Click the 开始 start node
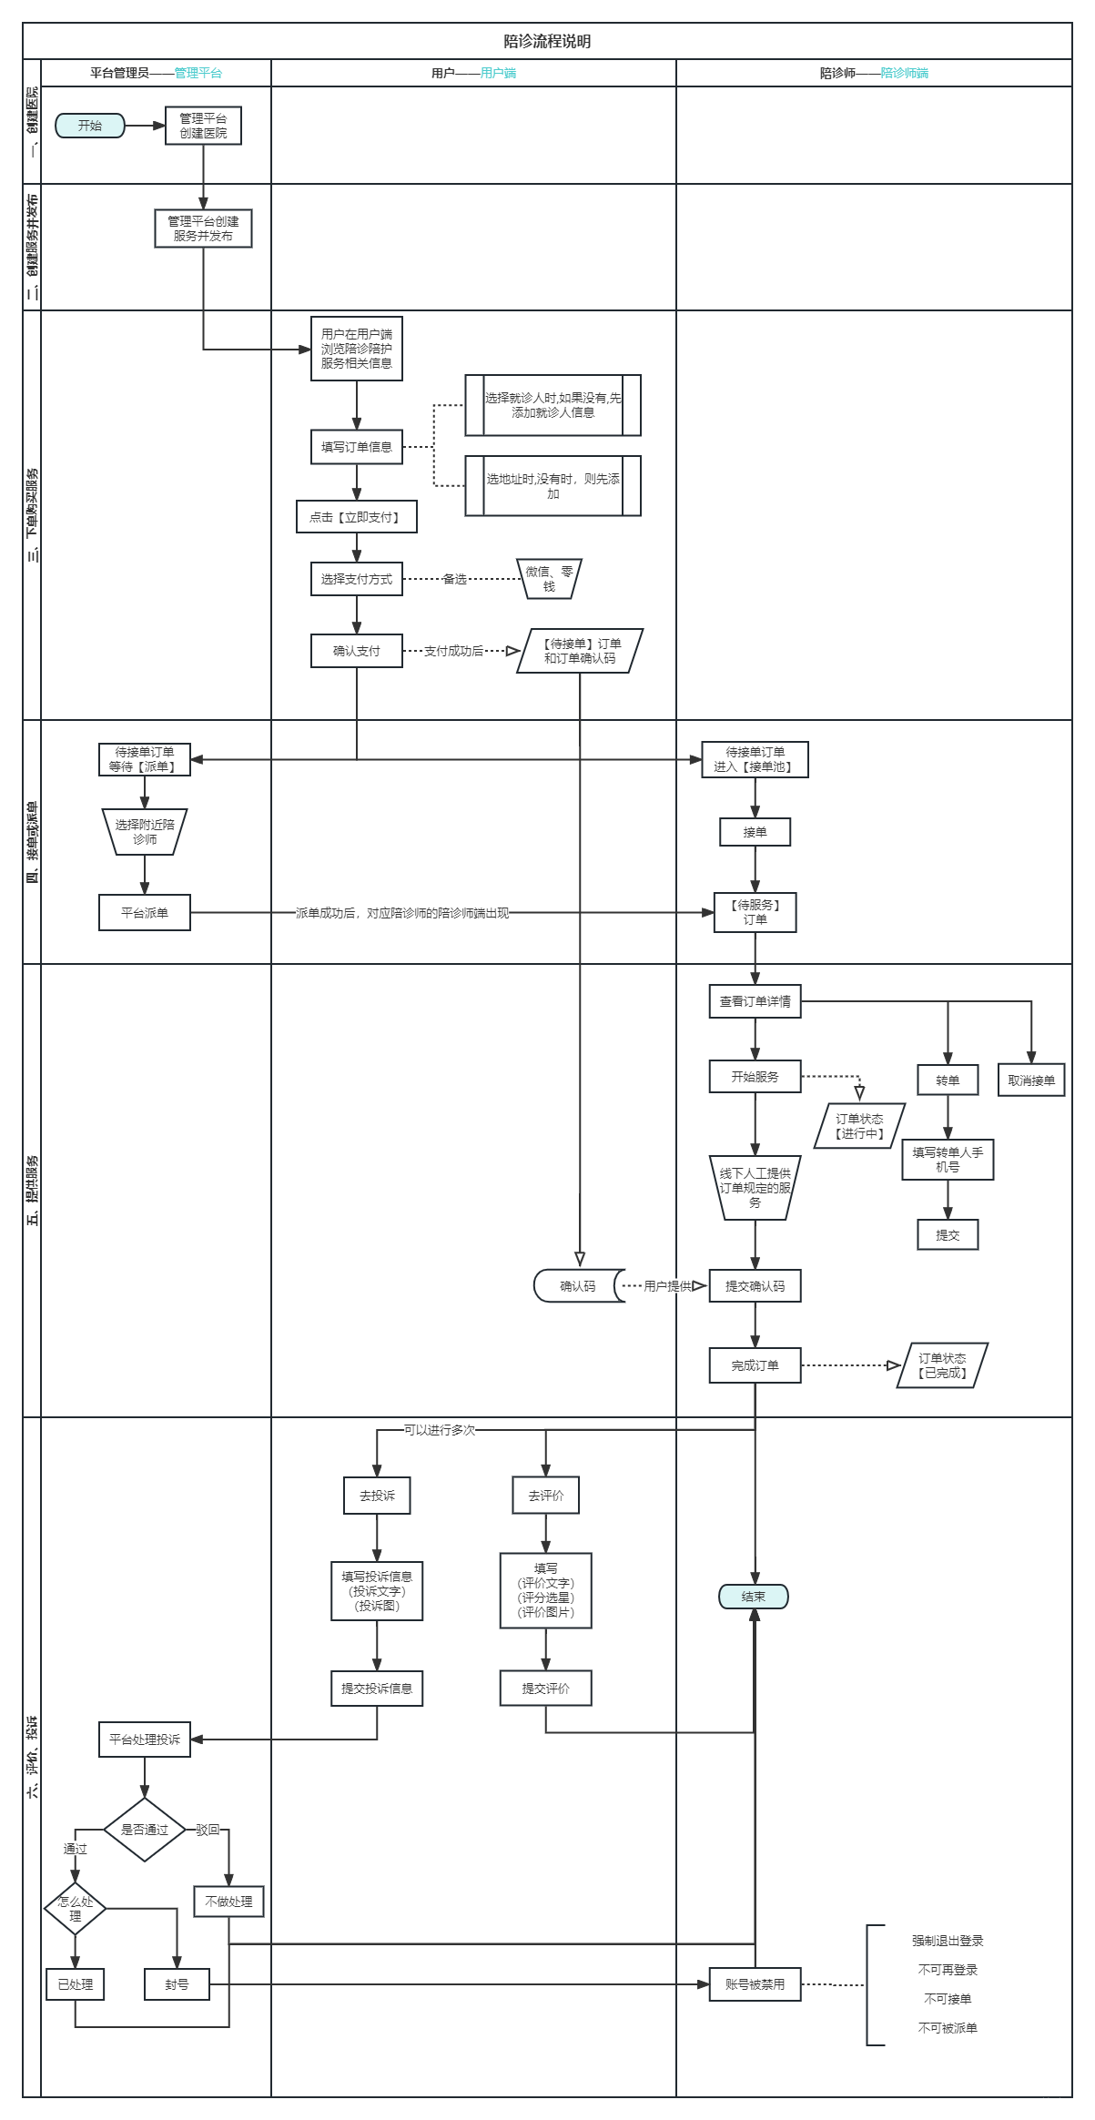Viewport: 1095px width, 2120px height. point(90,126)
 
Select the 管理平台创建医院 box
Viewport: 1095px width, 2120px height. point(203,126)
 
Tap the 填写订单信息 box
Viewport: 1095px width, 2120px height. point(356,447)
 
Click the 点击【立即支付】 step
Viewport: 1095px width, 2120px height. point(356,517)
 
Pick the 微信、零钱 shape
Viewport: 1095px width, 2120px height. point(549,579)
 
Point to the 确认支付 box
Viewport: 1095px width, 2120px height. point(356,651)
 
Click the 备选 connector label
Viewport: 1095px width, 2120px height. point(454,579)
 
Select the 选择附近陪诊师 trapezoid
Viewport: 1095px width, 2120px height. point(144,832)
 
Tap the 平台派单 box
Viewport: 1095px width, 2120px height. point(144,912)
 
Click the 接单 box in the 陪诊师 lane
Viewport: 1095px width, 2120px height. point(755,832)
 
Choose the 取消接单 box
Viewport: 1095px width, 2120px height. point(1030,1080)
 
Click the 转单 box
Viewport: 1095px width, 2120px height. point(948,1080)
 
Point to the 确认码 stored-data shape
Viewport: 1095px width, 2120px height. point(578,1286)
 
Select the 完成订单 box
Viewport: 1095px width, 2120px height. point(755,1365)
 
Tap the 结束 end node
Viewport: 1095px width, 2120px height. point(754,1597)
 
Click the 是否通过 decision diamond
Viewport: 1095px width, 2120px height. point(145,1830)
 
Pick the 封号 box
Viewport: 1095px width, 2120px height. point(177,1984)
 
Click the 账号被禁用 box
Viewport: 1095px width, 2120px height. point(755,1984)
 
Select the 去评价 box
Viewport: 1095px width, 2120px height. point(545,1496)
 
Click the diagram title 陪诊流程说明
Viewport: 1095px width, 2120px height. point(547,41)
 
